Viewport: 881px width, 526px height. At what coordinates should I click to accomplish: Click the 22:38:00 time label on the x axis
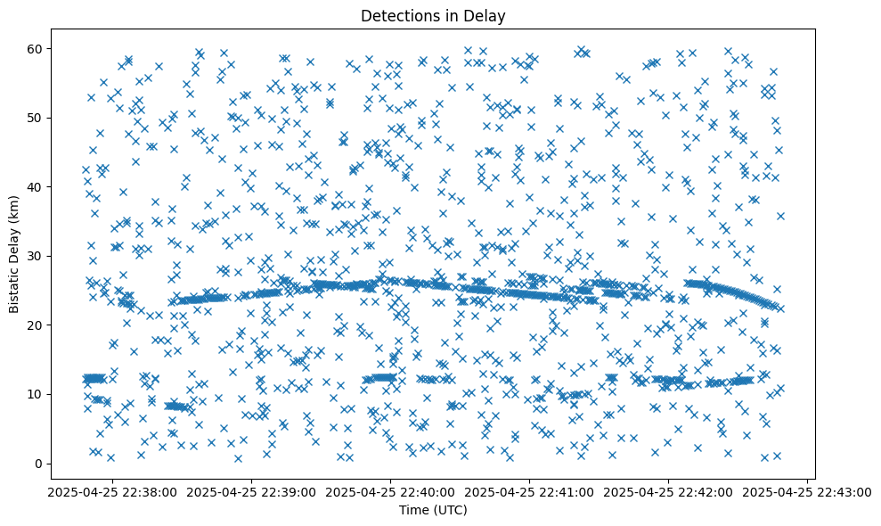(x=113, y=491)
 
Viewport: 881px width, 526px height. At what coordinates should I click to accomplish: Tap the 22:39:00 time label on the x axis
(x=252, y=491)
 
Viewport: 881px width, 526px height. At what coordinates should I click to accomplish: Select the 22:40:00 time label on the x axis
(x=391, y=491)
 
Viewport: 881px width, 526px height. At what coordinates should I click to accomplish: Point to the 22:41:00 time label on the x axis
(x=530, y=491)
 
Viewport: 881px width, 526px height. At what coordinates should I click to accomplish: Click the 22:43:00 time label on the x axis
(x=807, y=491)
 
